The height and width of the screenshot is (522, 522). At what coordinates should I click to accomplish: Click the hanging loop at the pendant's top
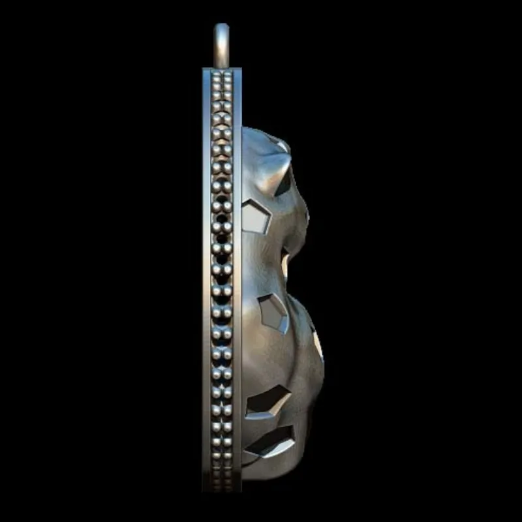(x=223, y=36)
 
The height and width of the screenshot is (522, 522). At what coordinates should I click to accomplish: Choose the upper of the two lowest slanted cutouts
(x=269, y=401)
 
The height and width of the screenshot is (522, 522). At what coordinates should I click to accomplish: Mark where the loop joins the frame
(x=223, y=65)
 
